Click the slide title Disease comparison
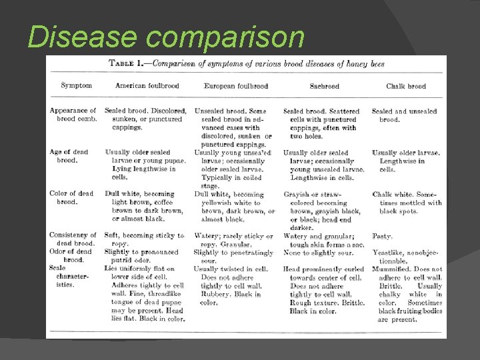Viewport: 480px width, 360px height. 165,37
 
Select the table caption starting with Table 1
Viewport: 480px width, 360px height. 247,64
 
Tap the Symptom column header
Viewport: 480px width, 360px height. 76,85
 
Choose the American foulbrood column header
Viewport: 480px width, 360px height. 147,86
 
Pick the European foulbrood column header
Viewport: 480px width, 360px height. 236,86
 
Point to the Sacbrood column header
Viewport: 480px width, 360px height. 324,86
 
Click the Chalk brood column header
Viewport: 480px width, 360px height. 405,86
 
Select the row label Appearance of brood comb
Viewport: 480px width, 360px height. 73,115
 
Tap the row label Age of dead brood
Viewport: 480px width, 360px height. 69,156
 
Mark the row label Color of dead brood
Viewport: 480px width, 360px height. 71,197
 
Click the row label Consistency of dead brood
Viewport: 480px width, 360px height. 73,239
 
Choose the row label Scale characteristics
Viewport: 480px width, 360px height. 67,276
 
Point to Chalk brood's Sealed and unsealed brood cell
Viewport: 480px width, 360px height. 404,115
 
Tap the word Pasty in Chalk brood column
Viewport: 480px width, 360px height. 383,236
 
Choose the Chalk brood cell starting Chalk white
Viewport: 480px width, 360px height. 406,202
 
